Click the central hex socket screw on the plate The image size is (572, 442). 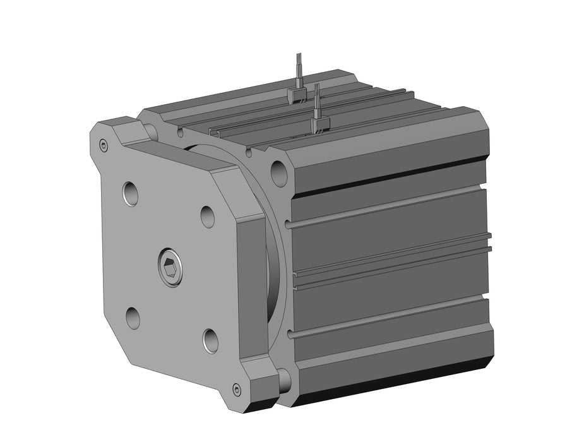pos(170,268)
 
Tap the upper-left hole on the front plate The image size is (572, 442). pos(131,193)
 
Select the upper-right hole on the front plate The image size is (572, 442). pos(208,216)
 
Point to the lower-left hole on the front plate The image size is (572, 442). pos(133,318)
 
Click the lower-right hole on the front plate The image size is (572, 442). pos(210,340)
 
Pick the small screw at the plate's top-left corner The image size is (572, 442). pos(104,146)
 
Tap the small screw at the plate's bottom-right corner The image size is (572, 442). pos(237,389)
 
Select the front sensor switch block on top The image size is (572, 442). pos(320,124)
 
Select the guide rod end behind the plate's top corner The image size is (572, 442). pos(151,131)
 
